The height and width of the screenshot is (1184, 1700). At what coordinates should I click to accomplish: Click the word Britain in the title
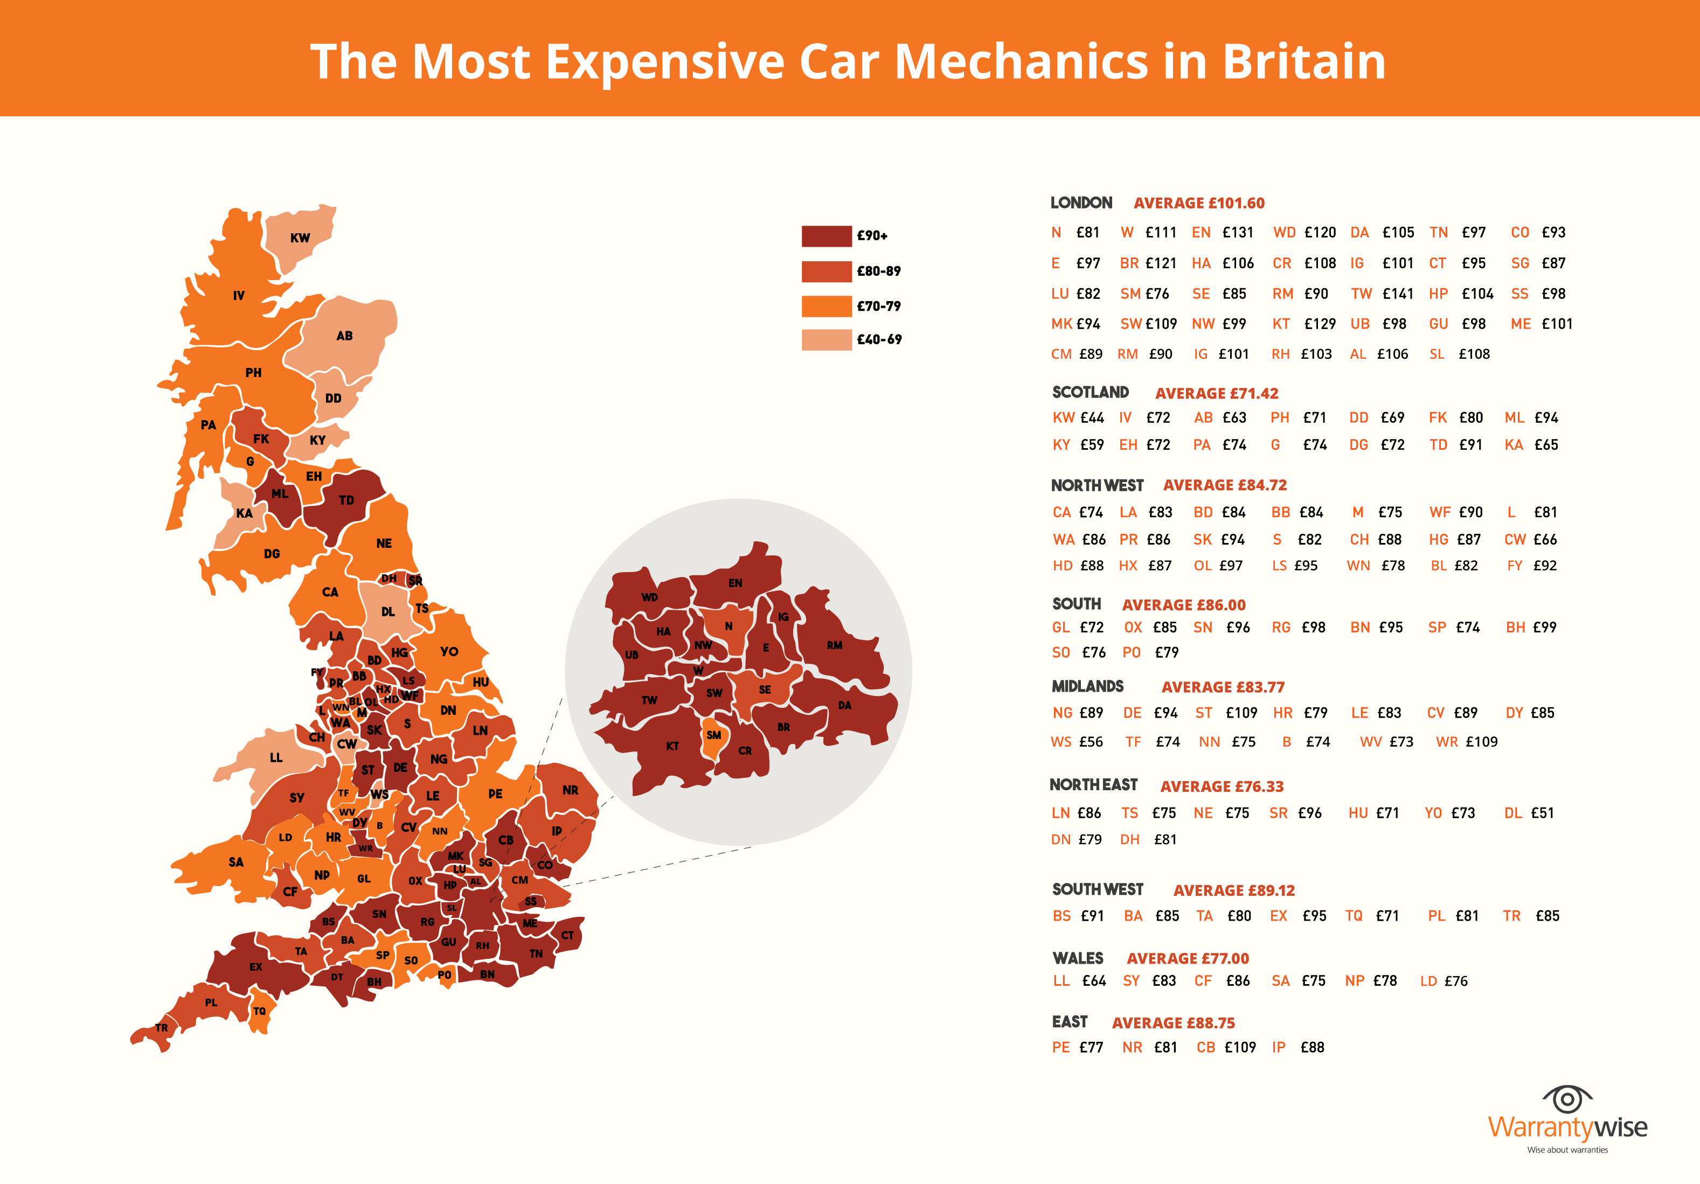(x=1303, y=61)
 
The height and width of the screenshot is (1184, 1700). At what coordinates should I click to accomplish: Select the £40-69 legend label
(x=879, y=340)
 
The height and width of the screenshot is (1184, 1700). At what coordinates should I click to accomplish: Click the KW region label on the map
(x=300, y=238)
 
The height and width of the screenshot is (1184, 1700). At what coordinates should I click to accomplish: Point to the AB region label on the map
(x=344, y=336)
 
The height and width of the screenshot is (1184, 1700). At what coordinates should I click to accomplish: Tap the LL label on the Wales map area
(x=276, y=758)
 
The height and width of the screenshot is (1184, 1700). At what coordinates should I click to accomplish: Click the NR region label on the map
(x=570, y=790)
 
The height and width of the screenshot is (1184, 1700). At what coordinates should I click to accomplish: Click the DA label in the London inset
(x=845, y=705)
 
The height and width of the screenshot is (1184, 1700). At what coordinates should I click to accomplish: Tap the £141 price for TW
(x=1397, y=294)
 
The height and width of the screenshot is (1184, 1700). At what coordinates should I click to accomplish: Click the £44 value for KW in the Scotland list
(x=1092, y=418)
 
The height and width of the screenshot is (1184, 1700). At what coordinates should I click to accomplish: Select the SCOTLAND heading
(x=1090, y=392)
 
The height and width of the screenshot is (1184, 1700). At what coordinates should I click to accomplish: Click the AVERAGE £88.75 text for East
(x=1173, y=1023)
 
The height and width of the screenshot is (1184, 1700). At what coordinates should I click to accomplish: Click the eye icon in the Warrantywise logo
(x=1567, y=1099)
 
